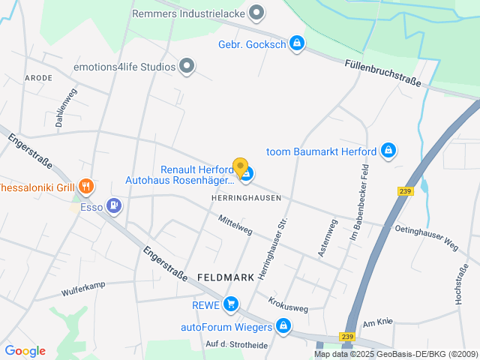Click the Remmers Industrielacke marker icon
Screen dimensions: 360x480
(256, 13)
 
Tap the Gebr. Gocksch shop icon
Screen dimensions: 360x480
(297, 43)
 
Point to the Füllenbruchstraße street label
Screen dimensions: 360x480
(383, 73)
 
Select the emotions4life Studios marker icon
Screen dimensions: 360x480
(187, 67)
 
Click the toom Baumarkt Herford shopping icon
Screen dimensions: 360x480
(388, 151)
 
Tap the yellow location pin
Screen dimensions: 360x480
(240, 167)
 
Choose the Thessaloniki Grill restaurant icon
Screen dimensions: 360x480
(86, 186)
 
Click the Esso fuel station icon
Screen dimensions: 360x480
(113, 204)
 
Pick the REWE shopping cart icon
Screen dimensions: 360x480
(231, 304)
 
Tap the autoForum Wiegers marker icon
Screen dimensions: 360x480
(283, 326)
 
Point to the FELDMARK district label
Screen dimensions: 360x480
(226, 277)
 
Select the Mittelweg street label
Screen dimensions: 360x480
(235, 225)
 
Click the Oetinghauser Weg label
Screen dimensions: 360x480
(426, 238)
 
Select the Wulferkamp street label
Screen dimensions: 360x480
(85, 289)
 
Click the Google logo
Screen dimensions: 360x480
(25, 351)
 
